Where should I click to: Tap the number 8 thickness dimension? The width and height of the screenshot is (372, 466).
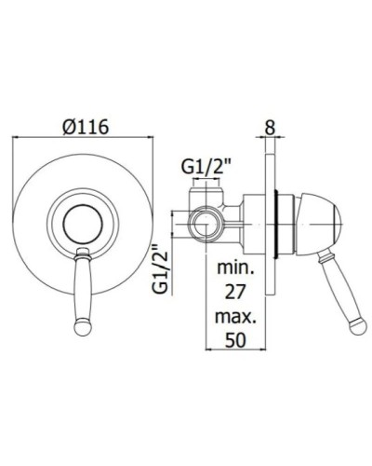click(x=269, y=125)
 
